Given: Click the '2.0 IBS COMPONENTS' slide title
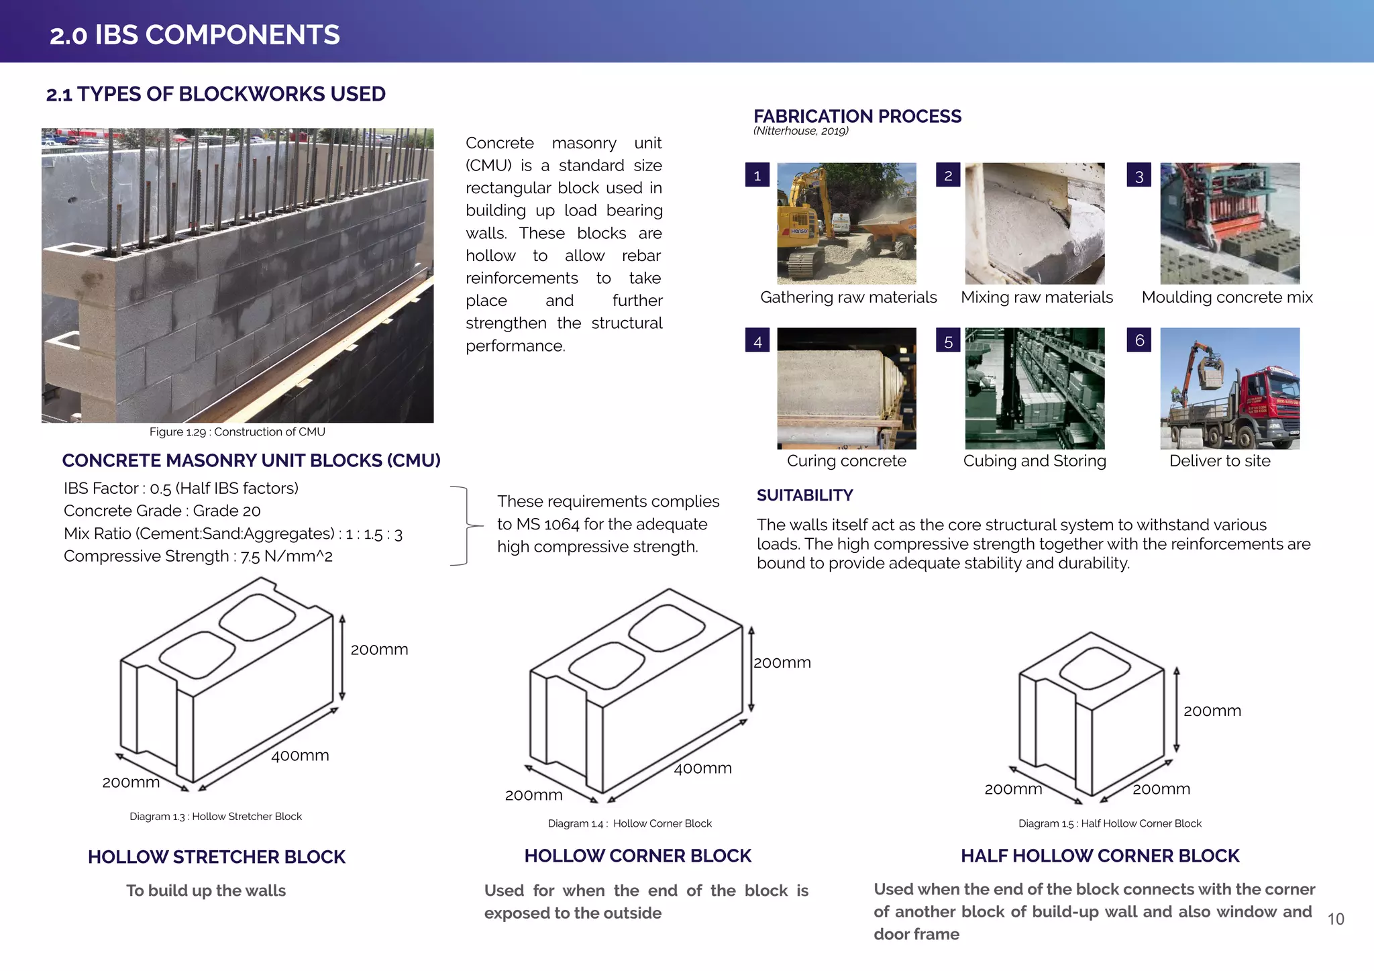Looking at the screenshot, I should [x=195, y=35].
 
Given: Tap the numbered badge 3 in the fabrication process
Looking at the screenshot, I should [x=1139, y=176].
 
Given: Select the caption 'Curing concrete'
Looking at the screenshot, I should [x=846, y=461].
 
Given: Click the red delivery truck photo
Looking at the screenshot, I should [x=1229, y=389].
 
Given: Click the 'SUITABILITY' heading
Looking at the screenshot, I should [x=804, y=495].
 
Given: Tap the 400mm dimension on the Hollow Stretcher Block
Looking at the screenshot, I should [x=300, y=756].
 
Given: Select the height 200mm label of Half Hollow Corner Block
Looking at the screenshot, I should [x=1212, y=711].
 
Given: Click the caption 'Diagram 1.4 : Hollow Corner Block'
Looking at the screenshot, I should [x=629, y=823].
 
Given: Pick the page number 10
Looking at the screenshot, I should [x=1335, y=919].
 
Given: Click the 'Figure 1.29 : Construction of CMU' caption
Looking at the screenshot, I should [x=237, y=432].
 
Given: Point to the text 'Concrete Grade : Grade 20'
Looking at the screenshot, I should [x=162, y=511].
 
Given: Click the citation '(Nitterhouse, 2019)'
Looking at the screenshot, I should [x=800, y=131].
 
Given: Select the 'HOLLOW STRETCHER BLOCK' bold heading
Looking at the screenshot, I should [x=216, y=857].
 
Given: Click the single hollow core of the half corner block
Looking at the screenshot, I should [x=1096, y=668].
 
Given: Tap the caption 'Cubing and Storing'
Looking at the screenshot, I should [x=1034, y=461].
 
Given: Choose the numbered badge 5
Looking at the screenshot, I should [x=948, y=341].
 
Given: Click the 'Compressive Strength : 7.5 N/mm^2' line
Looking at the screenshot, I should [x=198, y=556].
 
